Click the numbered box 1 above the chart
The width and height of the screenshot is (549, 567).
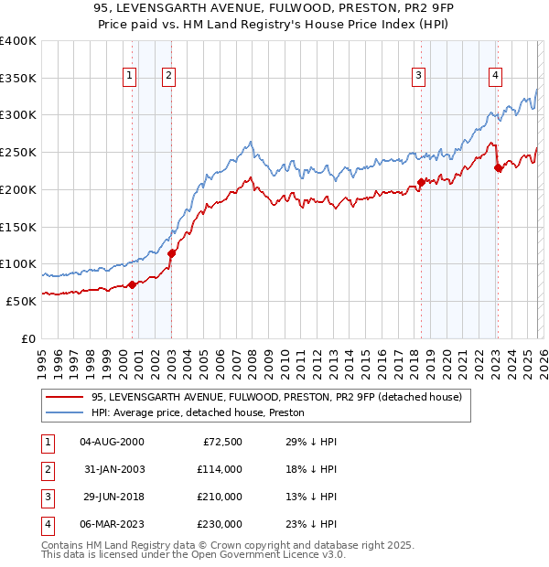click(x=130, y=76)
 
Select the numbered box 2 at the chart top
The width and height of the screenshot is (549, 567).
click(x=170, y=76)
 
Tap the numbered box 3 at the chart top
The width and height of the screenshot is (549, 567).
click(x=418, y=76)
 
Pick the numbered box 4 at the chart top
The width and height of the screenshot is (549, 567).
click(x=495, y=76)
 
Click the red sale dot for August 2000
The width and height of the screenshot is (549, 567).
click(x=132, y=284)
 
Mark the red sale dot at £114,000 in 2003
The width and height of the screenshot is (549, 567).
click(x=172, y=253)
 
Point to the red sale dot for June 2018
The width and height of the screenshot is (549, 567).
click(x=421, y=182)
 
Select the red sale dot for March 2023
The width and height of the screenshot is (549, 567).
click(x=497, y=167)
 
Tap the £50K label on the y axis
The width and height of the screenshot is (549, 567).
click(x=22, y=301)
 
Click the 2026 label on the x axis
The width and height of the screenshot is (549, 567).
click(x=543, y=358)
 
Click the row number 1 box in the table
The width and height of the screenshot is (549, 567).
click(x=46, y=442)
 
